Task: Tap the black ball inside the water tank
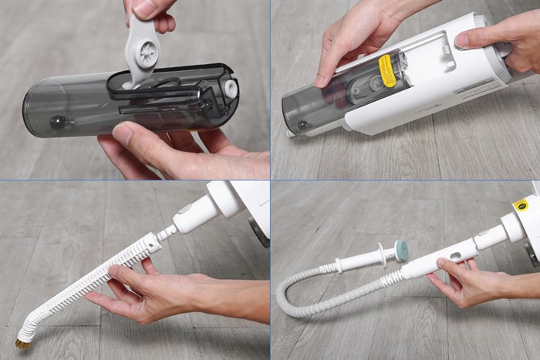point(57,121)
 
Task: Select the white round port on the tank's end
point(230,87)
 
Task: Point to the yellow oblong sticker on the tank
point(387,70)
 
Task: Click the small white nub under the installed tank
point(291,133)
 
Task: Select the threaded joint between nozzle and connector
point(164,233)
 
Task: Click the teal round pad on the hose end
point(401,249)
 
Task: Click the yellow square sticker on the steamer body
point(521,205)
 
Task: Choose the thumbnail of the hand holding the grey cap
point(144,8)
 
